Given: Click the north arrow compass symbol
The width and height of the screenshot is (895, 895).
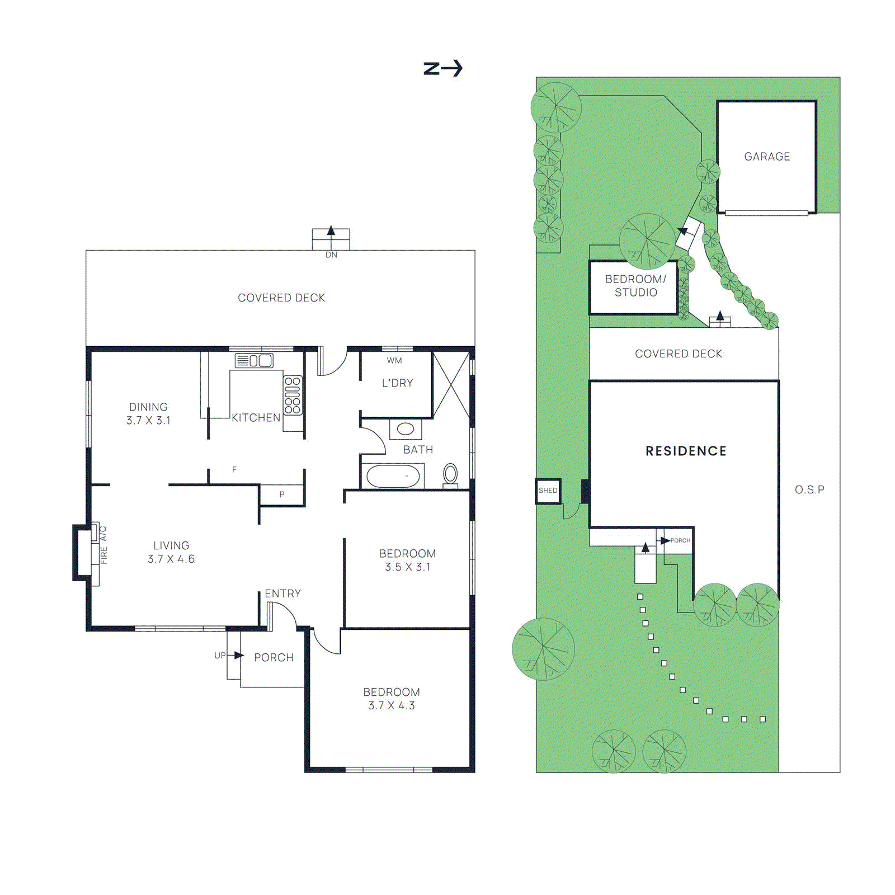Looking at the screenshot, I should pyautogui.click(x=442, y=68).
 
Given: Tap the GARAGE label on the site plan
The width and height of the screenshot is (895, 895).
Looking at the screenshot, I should pyautogui.click(x=767, y=157).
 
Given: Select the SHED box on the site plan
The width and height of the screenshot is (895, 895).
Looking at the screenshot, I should pyautogui.click(x=548, y=491).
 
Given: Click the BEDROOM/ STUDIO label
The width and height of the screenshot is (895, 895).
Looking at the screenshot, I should pyautogui.click(x=635, y=286).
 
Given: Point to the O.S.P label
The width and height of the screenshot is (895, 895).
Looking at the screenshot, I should pyautogui.click(x=809, y=490).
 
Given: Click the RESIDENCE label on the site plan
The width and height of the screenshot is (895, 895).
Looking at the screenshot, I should pyautogui.click(x=686, y=451).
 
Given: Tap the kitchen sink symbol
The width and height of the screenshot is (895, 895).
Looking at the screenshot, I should pyautogui.click(x=254, y=361).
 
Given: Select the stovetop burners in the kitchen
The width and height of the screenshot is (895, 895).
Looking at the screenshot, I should pyautogui.click(x=293, y=395).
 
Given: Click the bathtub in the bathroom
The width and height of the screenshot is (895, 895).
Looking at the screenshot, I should pyautogui.click(x=393, y=477).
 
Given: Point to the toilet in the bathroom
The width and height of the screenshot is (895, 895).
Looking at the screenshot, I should pyautogui.click(x=450, y=474).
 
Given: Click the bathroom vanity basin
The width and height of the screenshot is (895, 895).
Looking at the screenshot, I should pyautogui.click(x=406, y=429).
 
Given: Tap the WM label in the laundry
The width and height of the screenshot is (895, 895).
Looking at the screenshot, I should pyautogui.click(x=394, y=361).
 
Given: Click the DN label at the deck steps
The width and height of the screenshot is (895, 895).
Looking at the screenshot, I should pyautogui.click(x=331, y=255).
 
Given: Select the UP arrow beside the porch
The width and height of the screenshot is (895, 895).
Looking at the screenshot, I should pyautogui.click(x=238, y=656).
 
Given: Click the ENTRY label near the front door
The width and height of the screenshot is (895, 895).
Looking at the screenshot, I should pyautogui.click(x=282, y=593).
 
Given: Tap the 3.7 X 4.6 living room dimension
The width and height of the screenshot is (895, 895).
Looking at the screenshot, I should pyautogui.click(x=171, y=559).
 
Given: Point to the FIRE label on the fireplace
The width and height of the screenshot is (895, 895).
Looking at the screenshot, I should pyautogui.click(x=104, y=555).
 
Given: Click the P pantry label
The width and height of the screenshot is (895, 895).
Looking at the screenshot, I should pyautogui.click(x=282, y=494).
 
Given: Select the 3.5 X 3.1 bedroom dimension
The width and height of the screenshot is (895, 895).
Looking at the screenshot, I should pyautogui.click(x=407, y=567).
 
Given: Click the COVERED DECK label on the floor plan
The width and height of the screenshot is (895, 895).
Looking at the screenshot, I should pyautogui.click(x=281, y=298).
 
